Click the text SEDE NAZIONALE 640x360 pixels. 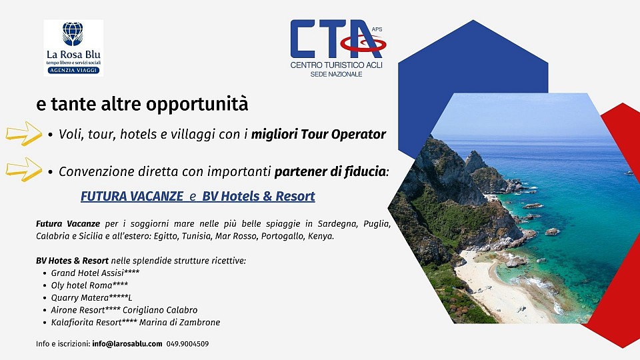(x=337, y=74)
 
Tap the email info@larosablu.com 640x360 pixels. (x=127, y=344)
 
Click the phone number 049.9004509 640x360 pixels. (x=187, y=344)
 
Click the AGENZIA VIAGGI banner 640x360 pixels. (x=73, y=69)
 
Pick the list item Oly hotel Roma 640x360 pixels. (x=89, y=285)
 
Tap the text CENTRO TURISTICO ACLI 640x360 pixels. (x=337, y=65)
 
